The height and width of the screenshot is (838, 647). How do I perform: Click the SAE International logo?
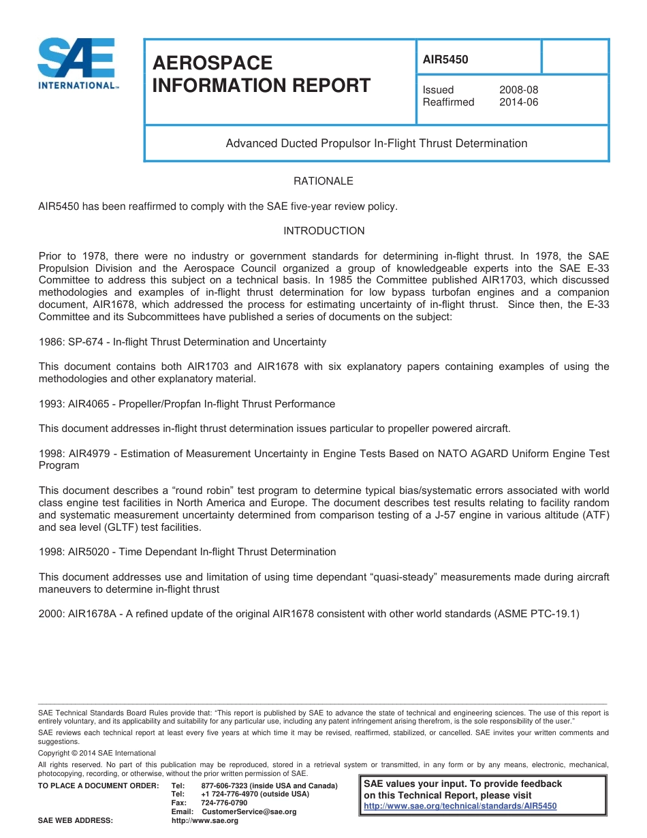[76, 64]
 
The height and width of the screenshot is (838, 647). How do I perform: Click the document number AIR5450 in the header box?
[445, 59]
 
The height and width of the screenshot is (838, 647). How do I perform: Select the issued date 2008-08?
[518, 90]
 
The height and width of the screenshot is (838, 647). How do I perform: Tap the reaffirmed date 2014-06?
[518, 102]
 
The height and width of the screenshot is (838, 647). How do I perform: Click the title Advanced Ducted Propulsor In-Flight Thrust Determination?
[376, 143]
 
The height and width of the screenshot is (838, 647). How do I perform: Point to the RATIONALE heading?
[323, 181]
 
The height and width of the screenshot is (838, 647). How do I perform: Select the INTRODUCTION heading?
[323, 231]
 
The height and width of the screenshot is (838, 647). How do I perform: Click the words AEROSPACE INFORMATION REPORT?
[262, 74]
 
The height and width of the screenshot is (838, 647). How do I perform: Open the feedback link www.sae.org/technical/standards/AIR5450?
[460, 806]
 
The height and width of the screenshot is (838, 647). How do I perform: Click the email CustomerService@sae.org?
[249, 812]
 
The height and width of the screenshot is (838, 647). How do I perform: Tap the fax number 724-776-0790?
[224, 803]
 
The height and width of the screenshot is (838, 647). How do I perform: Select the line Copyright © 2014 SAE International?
[97, 753]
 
